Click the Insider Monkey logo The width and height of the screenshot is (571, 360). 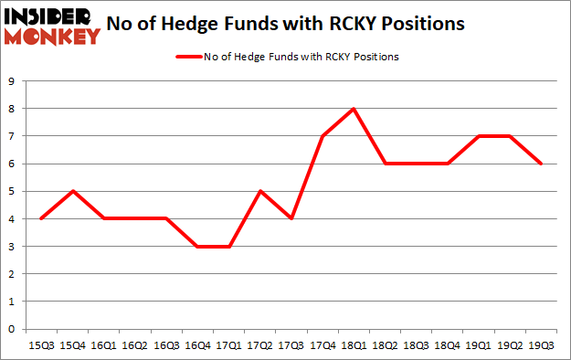(x=52, y=25)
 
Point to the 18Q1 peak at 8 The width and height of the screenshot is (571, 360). (x=353, y=109)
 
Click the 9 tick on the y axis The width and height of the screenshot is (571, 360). (x=11, y=81)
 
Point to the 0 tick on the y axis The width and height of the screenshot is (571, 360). (x=11, y=329)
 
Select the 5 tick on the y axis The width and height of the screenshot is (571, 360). (x=11, y=191)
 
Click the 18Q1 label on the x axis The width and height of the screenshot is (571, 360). (x=353, y=344)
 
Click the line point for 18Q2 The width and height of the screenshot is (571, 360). (x=385, y=164)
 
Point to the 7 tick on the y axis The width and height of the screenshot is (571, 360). (x=11, y=136)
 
